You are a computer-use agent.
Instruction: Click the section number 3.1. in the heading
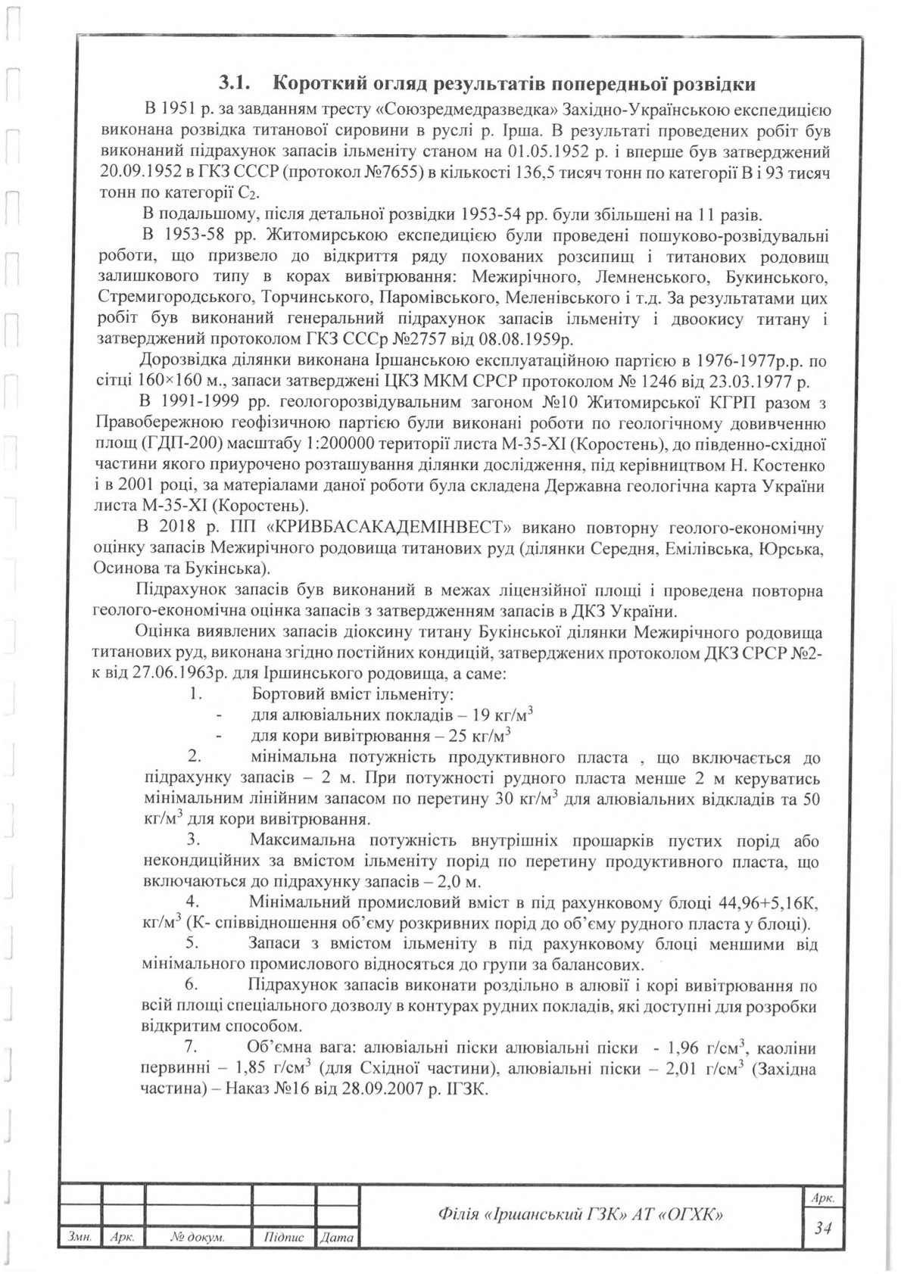click(237, 83)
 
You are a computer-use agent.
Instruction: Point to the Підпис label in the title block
click(285, 1237)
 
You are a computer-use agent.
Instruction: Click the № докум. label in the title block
click(197, 1237)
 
